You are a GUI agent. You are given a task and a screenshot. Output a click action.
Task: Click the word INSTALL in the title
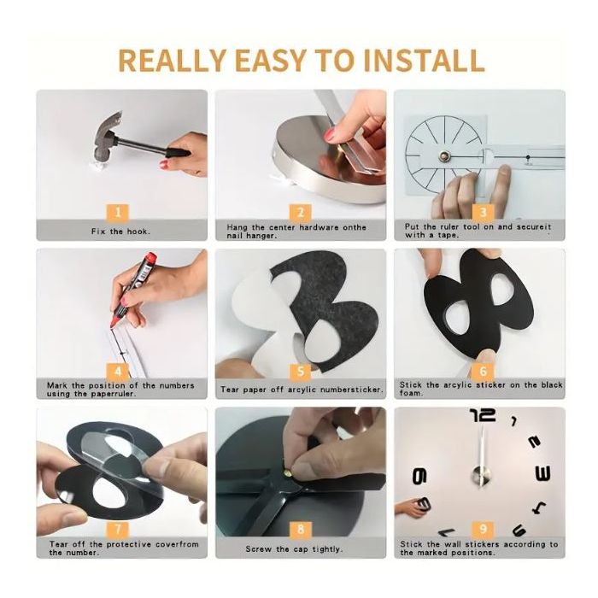(x=424, y=60)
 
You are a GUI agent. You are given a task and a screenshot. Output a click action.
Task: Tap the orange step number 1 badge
(x=118, y=213)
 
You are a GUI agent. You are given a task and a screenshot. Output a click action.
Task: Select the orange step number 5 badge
(x=301, y=372)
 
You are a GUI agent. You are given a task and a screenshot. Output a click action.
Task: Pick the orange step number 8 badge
(x=301, y=529)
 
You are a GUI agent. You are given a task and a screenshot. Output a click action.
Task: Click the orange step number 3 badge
(x=483, y=213)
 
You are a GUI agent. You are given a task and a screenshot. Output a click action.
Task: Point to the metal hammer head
(x=108, y=136)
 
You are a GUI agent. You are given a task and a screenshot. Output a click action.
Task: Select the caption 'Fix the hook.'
(x=121, y=232)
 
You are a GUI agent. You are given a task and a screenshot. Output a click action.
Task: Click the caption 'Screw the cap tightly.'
(x=294, y=549)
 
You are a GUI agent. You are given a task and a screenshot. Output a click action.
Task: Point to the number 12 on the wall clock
(x=483, y=415)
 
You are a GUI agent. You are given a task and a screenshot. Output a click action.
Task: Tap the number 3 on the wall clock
(x=542, y=473)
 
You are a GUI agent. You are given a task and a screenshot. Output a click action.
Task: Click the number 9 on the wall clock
(x=419, y=477)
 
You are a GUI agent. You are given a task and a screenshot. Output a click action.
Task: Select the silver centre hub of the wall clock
(x=481, y=475)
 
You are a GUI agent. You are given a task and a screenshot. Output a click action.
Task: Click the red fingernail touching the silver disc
(x=330, y=135)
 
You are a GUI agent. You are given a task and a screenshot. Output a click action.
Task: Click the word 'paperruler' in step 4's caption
(x=113, y=394)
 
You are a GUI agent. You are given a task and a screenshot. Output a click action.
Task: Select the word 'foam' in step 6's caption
(x=411, y=393)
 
